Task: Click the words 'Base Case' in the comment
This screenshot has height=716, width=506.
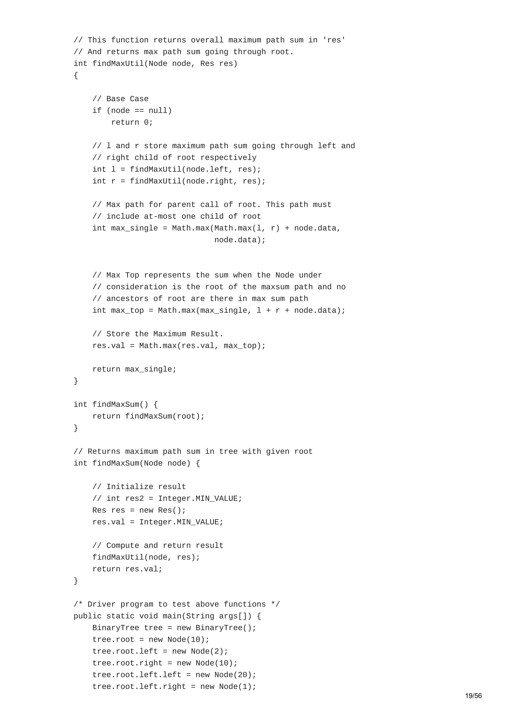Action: tap(127, 99)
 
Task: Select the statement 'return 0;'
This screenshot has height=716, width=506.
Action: tap(132, 122)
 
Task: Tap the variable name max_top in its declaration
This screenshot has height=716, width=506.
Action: tap(127, 311)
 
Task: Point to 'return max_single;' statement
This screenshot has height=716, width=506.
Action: tap(134, 369)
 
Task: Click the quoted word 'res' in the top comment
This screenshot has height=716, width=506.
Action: tap(334, 40)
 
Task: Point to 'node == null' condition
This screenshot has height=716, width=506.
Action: tap(139, 111)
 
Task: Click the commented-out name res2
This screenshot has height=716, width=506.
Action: tap(134, 499)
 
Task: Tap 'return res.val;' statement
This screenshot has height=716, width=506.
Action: tap(127, 569)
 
